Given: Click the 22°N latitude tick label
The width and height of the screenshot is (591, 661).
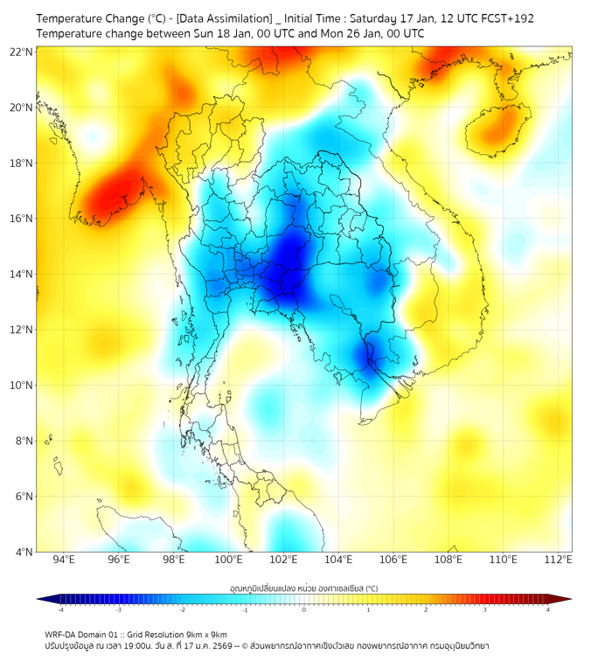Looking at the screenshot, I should pyautogui.click(x=21, y=52).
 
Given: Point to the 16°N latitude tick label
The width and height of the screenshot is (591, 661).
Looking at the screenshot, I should pyautogui.click(x=21, y=218).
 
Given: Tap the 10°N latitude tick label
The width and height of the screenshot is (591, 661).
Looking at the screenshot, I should pyautogui.click(x=21, y=385).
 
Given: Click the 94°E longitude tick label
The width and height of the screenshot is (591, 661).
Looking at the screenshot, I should pyautogui.click(x=64, y=560).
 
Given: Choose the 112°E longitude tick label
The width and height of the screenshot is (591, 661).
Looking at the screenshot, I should pyautogui.click(x=558, y=560).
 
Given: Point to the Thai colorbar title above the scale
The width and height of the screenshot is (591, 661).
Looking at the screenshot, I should pyautogui.click(x=303, y=588).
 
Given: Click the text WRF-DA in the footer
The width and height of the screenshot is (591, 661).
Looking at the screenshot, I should pyautogui.click(x=63, y=634).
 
